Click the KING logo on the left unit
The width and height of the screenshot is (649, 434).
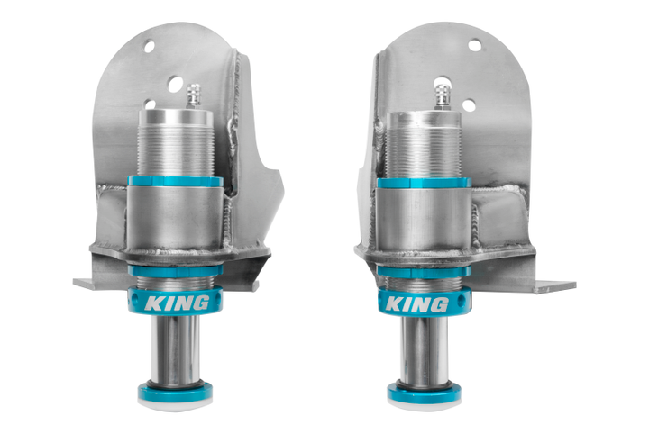click(x=177, y=303)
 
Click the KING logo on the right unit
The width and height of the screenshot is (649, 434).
click(x=416, y=304)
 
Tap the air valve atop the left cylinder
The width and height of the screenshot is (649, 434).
click(x=193, y=95)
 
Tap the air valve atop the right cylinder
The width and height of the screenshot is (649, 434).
click(x=443, y=96)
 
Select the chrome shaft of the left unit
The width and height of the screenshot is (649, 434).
click(x=175, y=352)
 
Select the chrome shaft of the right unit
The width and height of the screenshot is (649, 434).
click(x=424, y=353)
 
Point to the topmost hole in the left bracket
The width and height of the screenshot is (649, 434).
click(x=149, y=46)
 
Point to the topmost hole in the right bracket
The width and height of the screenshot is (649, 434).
click(x=475, y=45)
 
